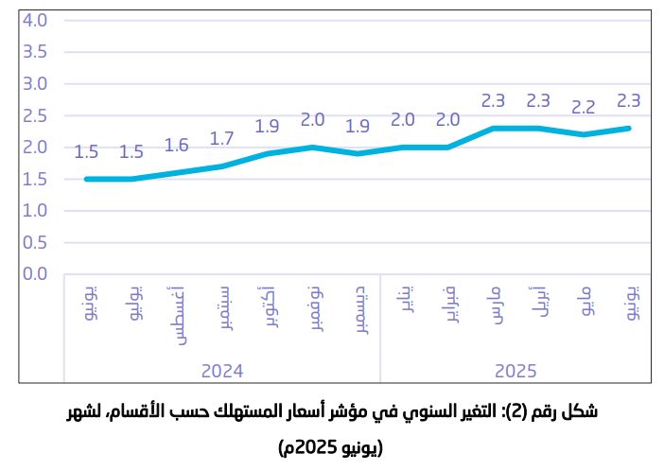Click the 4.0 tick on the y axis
tap(35, 20)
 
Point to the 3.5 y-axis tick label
tap(35, 52)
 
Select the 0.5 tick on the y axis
tap(35, 242)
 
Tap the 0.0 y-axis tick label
tap(35, 274)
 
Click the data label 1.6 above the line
tap(177, 146)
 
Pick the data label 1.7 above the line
tap(222, 139)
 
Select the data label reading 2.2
tap(585, 107)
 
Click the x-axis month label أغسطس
tap(177, 313)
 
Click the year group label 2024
tap(222, 370)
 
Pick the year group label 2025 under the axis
tap(516, 370)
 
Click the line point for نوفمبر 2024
tap(313, 148)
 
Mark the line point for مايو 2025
tap(585, 134)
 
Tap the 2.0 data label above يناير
tap(403, 120)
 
